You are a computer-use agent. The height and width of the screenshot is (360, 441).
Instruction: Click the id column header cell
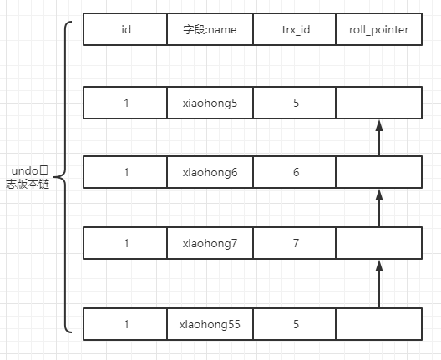[x=125, y=29]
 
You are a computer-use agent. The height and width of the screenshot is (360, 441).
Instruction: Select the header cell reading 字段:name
[x=210, y=29]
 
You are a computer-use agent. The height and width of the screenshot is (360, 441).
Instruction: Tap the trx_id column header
[x=295, y=29]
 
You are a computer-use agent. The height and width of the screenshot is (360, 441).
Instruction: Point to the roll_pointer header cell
[x=379, y=29]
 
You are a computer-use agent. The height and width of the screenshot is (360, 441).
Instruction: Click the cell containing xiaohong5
[x=210, y=103]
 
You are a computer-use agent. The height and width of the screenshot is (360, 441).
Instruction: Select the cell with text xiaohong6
[x=210, y=172]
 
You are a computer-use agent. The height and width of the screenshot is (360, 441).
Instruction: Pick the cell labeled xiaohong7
[x=210, y=243]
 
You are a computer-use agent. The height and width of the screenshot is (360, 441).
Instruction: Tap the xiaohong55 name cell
[x=210, y=324]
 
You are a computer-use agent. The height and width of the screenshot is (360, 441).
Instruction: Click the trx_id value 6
[x=295, y=172]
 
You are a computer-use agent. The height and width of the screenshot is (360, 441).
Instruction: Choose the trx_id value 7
[x=295, y=243]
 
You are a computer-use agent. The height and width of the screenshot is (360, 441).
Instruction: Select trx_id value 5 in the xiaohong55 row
[x=295, y=324]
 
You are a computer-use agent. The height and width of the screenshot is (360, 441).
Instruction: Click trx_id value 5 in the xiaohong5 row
[x=295, y=103]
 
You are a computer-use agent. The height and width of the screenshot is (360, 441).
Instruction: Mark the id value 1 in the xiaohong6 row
[x=125, y=172]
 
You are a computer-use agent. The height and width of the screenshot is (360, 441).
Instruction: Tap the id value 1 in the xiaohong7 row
[x=125, y=243]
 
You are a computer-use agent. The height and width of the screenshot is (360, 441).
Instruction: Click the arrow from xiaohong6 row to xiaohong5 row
[x=379, y=138]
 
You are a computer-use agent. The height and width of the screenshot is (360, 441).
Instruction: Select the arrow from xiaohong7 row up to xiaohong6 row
[x=379, y=208]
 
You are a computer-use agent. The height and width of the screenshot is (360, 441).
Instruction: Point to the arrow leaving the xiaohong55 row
[x=379, y=284]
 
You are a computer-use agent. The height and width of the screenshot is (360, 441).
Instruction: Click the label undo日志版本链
[x=28, y=177]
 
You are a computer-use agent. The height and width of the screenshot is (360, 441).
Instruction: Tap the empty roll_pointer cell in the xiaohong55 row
[x=379, y=324]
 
